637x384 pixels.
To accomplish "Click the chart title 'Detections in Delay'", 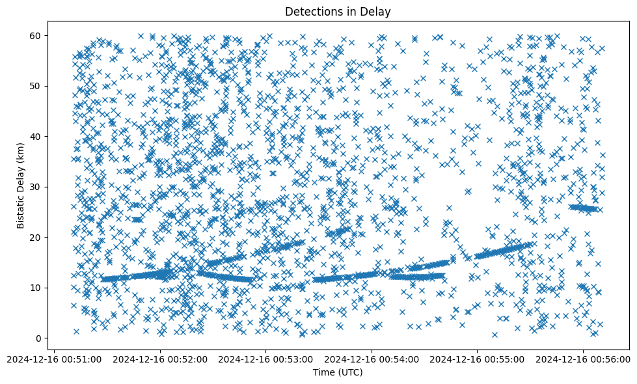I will click(x=338, y=12).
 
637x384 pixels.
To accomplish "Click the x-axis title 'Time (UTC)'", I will click(x=338, y=372).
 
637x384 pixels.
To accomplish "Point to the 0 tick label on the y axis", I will click(x=57, y=338).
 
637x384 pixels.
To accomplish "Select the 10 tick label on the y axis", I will click(x=55, y=288).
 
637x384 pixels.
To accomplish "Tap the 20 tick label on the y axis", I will click(x=55, y=237).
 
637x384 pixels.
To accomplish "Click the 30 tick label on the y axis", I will click(x=55, y=187).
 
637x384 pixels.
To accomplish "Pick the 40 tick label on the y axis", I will click(x=55, y=136).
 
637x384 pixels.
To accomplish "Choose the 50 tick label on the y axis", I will click(x=55, y=86).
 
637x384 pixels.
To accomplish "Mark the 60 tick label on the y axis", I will click(x=55, y=35).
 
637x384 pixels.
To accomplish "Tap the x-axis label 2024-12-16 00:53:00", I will click(x=266, y=359).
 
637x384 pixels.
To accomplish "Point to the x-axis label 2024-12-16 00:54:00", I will click(x=372, y=359).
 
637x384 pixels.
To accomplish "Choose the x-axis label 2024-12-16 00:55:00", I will click(x=477, y=359).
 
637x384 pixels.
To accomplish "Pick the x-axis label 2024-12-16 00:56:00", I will click(x=582, y=359).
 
